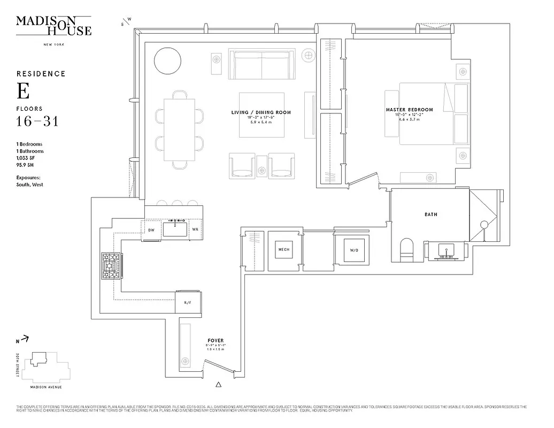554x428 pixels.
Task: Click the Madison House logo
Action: click(x=53, y=26)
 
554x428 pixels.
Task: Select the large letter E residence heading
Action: click(x=23, y=91)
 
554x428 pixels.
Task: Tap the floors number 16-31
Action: click(x=37, y=122)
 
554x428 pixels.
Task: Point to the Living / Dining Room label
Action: click(x=261, y=112)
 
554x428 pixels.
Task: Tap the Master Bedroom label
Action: click(x=410, y=110)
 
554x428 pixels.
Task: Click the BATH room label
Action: click(x=430, y=215)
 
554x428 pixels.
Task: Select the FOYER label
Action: click(x=216, y=340)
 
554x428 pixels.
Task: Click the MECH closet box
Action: click(x=283, y=249)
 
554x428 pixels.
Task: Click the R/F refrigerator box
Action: click(x=188, y=302)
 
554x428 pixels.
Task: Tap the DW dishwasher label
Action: click(x=151, y=230)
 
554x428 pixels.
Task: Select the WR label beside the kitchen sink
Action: click(x=195, y=230)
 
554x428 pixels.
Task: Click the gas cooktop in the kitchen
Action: click(x=111, y=266)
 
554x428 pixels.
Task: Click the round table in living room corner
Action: click(x=167, y=60)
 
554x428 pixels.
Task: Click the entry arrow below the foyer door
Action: click(x=219, y=384)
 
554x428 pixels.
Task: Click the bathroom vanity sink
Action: click(x=446, y=250)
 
